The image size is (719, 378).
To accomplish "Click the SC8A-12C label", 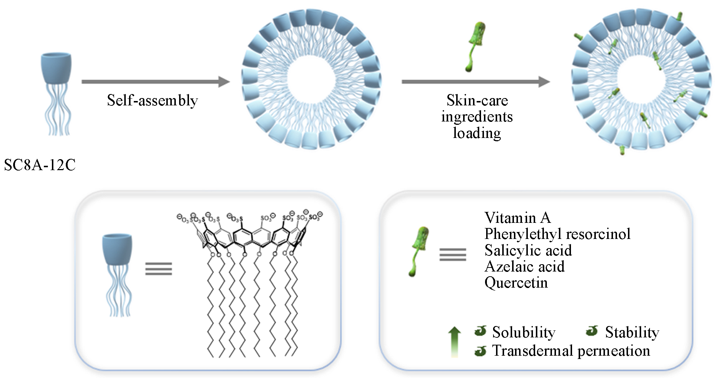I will (x=40, y=165).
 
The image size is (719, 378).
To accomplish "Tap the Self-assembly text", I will (x=152, y=100).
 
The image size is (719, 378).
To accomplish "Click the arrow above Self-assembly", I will (x=155, y=82).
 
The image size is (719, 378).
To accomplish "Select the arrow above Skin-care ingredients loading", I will (x=476, y=82).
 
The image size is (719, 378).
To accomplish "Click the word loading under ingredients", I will (x=477, y=133).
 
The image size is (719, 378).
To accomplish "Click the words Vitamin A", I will (x=517, y=218).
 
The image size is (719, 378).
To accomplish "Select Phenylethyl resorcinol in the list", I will (x=557, y=234).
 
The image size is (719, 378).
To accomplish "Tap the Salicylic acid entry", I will (x=528, y=250).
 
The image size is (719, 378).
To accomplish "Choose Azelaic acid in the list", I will (x=524, y=266).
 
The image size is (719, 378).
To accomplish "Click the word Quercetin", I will (x=516, y=282).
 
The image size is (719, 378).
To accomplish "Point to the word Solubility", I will (x=523, y=332).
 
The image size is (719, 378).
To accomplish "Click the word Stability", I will (x=632, y=332).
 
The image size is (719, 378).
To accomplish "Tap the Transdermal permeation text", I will (x=571, y=351).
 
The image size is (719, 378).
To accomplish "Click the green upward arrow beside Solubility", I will (x=454, y=341).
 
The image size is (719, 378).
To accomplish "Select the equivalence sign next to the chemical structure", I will (x=158, y=269).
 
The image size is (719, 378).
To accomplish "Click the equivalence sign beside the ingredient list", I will (x=453, y=254).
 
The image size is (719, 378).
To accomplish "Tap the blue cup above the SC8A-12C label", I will (x=56, y=68).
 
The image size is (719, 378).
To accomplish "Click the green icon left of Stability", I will (x=591, y=331).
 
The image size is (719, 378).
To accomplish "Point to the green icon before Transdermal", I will (x=480, y=351).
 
